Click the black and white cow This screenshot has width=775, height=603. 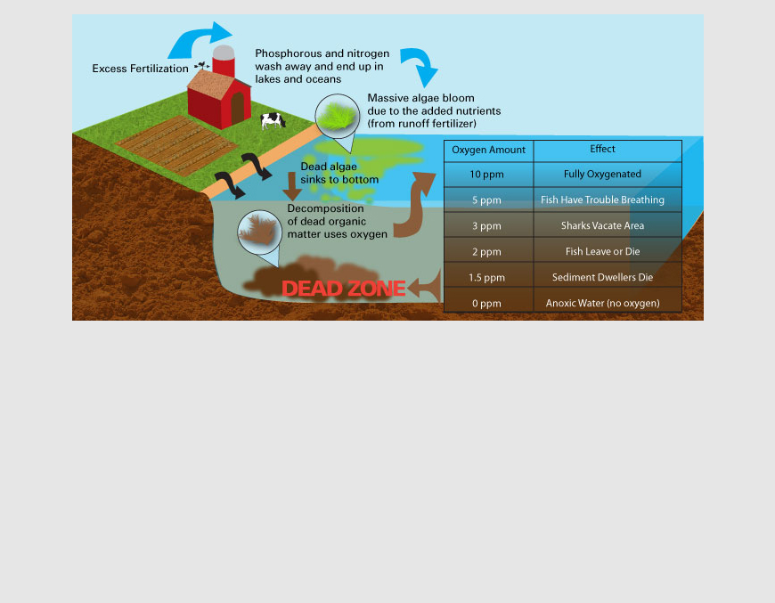coord(273,120)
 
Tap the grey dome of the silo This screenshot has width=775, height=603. coord(224,53)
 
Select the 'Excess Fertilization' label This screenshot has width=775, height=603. coord(140,69)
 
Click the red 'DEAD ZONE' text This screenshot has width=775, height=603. coord(344,289)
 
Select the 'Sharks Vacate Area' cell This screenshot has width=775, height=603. coord(602,226)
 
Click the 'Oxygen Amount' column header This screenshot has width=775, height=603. coord(488,150)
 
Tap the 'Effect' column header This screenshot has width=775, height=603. coord(602,149)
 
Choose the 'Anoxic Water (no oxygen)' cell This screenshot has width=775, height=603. coord(602,304)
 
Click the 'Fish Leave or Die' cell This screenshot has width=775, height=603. coord(602,252)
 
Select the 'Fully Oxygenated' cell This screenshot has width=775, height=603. coord(602,175)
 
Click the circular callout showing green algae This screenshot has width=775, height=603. coord(336,116)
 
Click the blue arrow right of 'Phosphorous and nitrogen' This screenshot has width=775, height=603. coord(419,66)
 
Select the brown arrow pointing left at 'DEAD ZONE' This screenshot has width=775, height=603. coord(426,287)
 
